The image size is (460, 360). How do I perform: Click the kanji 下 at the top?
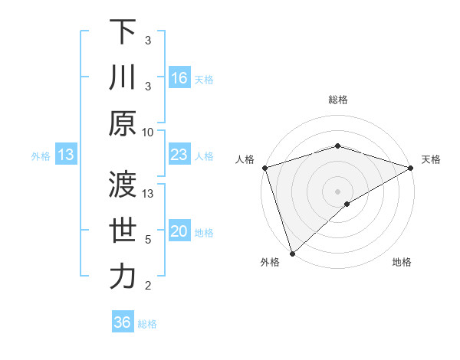point(123,33)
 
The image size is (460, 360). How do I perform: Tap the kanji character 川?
point(123,78)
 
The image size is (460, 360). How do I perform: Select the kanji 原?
point(123,123)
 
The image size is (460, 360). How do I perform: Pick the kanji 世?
point(123,231)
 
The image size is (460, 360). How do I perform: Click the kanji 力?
point(123,277)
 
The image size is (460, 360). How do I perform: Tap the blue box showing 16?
point(179,78)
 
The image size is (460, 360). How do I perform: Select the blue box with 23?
point(179,155)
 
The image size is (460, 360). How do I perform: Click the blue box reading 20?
point(179,232)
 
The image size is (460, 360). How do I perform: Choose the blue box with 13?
point(66,155)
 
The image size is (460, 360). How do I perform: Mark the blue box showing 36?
point(122,322)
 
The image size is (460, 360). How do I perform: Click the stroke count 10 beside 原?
point(148,132)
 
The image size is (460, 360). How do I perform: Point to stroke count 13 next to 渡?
point(149,194)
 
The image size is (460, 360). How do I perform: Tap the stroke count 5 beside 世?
point(148,240)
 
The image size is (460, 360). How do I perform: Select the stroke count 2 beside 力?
point(148,285)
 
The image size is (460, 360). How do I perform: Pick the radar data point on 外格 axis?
point(292,254)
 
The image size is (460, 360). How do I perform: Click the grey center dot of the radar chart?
point(337,191)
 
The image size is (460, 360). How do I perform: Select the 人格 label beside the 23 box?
point(204,156)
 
